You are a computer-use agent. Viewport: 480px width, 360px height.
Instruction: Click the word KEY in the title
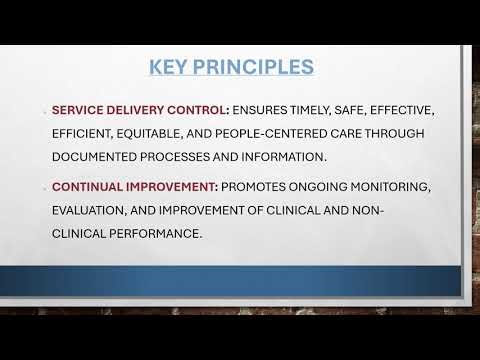[172, 68]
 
